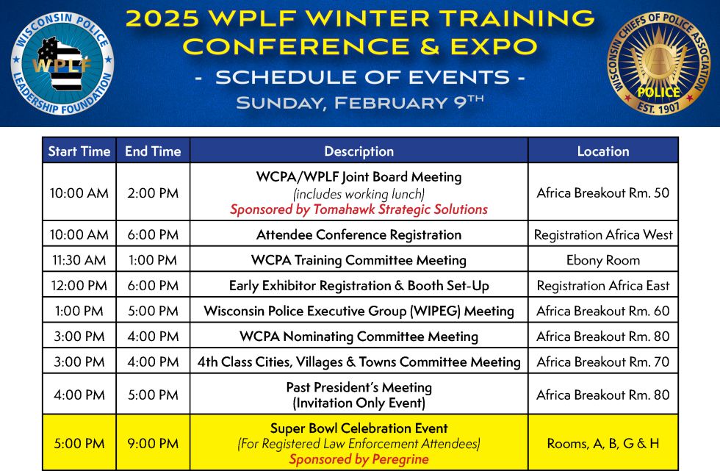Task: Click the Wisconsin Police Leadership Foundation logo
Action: click(62, 63)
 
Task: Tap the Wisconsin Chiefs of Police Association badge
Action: click(658, 63)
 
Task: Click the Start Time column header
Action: click(79, 151)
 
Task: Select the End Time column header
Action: click(153, 151)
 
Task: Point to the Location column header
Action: click(603, 151)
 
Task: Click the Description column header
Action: click(359, 151)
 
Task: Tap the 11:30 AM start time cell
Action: click(79, 260)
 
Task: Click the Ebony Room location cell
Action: click(603, 260)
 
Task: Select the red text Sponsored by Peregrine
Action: click(359, 459)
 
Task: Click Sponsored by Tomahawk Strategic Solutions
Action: click(359, 209)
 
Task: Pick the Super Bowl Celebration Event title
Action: click(359, 428)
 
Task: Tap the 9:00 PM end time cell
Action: click(153, 443)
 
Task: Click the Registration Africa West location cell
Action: click(603, 234)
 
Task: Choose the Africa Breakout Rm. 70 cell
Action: click(603, 362)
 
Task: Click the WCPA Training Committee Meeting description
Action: click(359, 260)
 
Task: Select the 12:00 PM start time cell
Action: click(79, 286)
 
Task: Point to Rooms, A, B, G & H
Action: click(603, 443)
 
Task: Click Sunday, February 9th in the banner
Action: click(359, 102)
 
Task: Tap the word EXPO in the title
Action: click(493, 46)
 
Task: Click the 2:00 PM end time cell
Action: click(153, 193)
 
